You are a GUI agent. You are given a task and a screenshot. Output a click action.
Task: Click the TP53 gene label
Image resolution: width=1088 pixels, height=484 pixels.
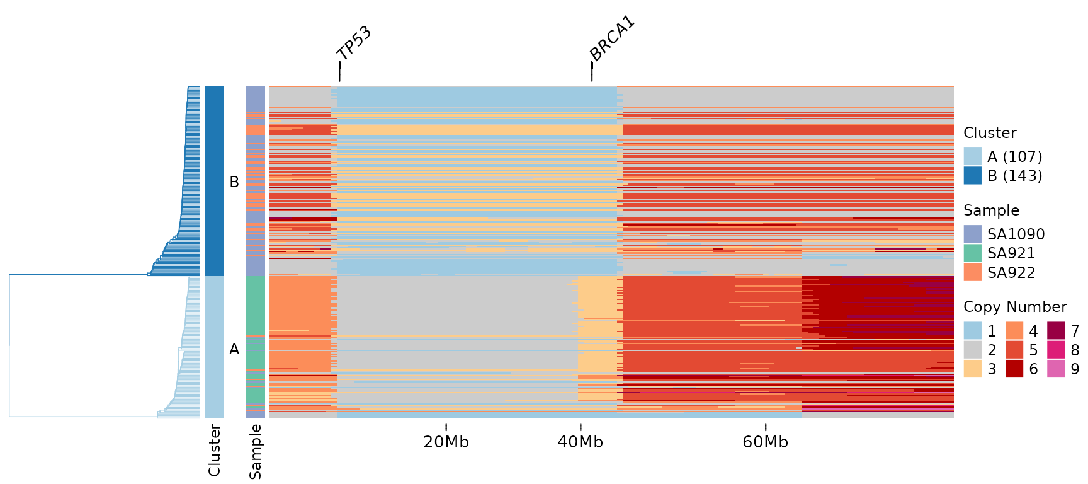pyautogui.click(x=354, y=43)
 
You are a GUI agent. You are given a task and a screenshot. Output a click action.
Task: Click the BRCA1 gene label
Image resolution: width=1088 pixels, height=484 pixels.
pyautogui.click(x=612, y=40)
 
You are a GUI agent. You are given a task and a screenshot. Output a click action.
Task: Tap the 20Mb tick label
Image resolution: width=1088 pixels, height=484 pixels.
pyautogui.click(x=446, y=442)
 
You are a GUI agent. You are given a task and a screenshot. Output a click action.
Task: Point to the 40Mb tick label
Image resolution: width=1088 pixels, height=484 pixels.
pyautogui.click(x=580, y=442)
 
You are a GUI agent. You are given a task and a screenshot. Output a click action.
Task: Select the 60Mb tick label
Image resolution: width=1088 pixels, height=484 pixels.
pyautogui.click(x=765, y=442)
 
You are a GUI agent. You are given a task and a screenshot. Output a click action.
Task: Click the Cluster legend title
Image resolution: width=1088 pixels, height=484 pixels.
pyautogui.click(x=990, y=133)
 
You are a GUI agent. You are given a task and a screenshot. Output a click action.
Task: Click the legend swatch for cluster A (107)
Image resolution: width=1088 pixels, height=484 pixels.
pyautogui.click(x=972, y=156)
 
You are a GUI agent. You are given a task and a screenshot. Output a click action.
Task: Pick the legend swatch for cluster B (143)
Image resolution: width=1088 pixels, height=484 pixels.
pyautogui.click(x=972, y=175)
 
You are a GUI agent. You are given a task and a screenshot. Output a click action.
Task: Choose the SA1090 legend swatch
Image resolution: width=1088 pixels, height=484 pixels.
pyautogui.click(x=972, y=234)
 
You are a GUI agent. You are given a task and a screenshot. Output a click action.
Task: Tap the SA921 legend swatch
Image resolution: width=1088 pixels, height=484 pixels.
pyautogui.click(x=972, y=253)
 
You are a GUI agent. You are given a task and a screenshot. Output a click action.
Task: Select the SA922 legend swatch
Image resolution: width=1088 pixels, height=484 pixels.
pyautogui.click(x=972, y=272)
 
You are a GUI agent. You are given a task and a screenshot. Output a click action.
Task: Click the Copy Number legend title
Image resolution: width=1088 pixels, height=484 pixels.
pyautogui.click(x=1015, y=307)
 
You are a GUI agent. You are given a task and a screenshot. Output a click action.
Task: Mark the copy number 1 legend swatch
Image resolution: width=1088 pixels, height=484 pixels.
pyautogui.click(x=972, y=331)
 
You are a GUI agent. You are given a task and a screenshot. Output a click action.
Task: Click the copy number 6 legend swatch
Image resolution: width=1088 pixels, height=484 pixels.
pyautogui.click(x=1014, y=369)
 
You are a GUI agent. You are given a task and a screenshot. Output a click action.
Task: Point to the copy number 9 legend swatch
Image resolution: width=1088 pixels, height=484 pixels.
pyautogui.click(x=1056, y=369)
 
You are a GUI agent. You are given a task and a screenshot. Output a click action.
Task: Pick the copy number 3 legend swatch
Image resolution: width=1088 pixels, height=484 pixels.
pyautogui.click(x=972, y=369)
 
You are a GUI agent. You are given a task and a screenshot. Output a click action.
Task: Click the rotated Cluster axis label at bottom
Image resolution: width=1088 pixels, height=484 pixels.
pyautogui.click(x=214, y=450)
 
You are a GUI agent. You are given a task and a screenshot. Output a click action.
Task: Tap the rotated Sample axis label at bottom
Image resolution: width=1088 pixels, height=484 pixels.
pyautogui.click(x=255, y=451)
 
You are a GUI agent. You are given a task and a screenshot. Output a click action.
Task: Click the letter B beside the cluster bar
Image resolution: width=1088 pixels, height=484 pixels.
pyautogui.click(x=234, y=182)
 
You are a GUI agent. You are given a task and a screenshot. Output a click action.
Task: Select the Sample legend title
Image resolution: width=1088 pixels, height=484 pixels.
pyautogui.click(x=991, y=210)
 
